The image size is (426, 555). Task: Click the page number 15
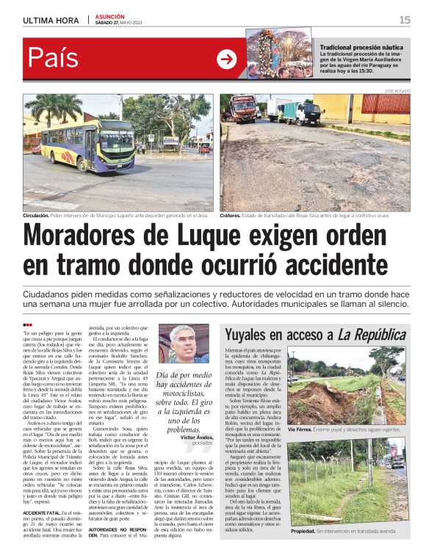tap(405, 19)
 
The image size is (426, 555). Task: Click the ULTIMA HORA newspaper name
tap(52, 20)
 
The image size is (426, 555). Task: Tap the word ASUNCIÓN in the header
tap(110, 16)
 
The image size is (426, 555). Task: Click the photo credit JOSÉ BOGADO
tap(398, 90)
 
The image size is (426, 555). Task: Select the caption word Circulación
tap(37, 217)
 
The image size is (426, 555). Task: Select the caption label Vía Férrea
tap(301, 429)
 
